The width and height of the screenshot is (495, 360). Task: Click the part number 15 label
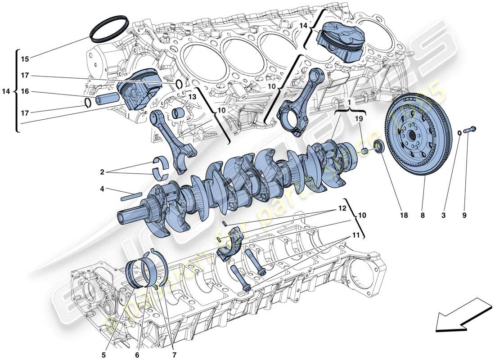[x=24, y=59]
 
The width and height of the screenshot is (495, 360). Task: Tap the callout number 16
[x=24, y=91]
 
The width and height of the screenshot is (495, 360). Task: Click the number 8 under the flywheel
[x=423, y=216]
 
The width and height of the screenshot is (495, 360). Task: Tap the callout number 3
[x=444, y=216]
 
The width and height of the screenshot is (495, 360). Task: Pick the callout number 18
[x=404, y=216]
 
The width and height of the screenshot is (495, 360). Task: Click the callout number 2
[x=102, y=172]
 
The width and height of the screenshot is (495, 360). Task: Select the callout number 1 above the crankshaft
[x=349, y=102]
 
